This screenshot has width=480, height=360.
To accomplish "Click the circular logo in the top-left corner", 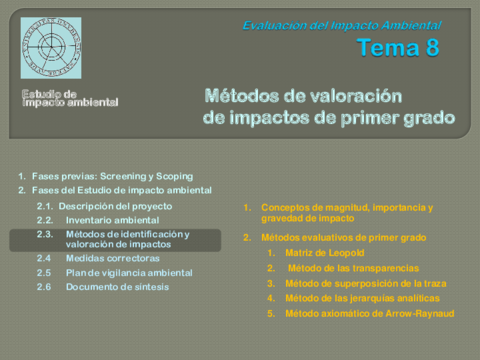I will tap(51, 48).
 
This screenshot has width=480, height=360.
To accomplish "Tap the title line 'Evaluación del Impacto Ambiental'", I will tap(341, 25).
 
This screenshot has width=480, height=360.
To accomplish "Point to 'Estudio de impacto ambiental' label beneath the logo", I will tap(70, 99).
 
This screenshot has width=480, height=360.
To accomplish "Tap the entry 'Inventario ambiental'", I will tap(112, 220).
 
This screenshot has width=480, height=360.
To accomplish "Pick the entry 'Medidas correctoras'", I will tap(112, 258).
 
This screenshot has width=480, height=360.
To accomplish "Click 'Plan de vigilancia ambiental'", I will tap(129, 272).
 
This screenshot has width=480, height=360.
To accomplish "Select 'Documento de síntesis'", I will tap(116, 287).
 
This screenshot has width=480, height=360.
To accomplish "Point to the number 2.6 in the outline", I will tap(44, 287).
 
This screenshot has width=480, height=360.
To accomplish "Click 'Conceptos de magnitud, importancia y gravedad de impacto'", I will tap(346, 213).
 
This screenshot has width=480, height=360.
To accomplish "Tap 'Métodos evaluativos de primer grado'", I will tap(343, 238).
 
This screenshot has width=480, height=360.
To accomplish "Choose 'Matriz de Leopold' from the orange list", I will tap(323, 253).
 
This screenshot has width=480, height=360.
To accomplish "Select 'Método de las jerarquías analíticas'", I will tap(361, 298).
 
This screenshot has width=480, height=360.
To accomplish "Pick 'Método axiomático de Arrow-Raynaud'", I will tap(369, 313).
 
